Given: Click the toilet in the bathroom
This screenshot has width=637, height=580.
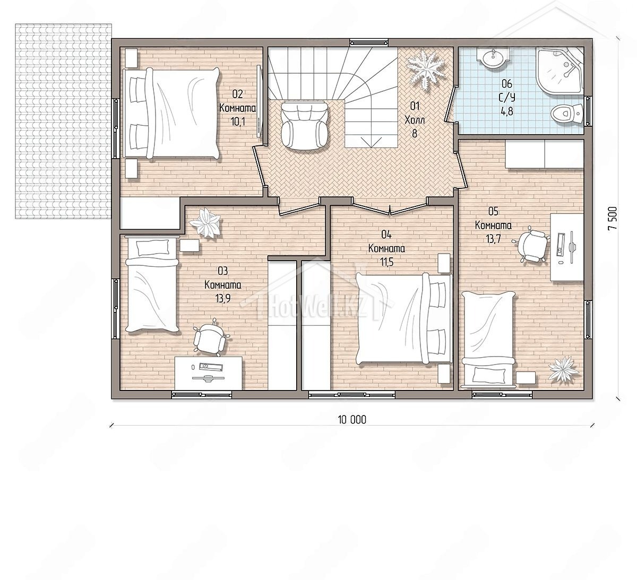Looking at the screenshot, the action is click(566, 114).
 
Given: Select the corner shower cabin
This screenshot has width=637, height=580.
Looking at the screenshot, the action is click(559, 71).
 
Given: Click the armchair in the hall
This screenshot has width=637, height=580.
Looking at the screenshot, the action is click(304, 125).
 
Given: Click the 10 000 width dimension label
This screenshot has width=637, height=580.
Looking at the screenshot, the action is click(352, 420).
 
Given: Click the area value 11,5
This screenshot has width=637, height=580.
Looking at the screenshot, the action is click(387, 262).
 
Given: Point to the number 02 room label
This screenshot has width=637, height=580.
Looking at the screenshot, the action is click(237, 94).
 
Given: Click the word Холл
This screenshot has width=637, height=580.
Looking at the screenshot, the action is click(415, 120).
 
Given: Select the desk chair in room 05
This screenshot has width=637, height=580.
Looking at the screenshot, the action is click(531, 244).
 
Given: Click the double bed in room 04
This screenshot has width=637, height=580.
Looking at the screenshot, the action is click(404, 318).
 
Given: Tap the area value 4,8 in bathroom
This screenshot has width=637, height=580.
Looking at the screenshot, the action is click(507, 111).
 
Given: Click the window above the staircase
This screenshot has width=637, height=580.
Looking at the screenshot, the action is click(370, 42).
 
